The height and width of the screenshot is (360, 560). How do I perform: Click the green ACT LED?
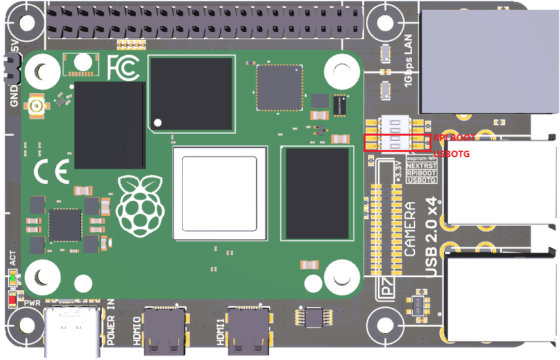[12, 280]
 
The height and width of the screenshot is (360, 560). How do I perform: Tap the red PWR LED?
[12, 300]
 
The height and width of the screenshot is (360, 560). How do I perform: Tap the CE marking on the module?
[51, 172]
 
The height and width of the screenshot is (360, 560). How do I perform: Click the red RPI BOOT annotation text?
[455, 138]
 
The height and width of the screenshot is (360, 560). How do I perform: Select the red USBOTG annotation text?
[451, 154]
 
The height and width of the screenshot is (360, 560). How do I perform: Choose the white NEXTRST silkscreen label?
[421, 166]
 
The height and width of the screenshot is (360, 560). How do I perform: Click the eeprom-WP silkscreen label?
[421, 158]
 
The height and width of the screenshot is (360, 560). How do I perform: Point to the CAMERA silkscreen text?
[410, 228]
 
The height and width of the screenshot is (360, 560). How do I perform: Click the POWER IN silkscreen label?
[110, 322]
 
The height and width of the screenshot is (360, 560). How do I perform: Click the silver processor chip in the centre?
[219, 194]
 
